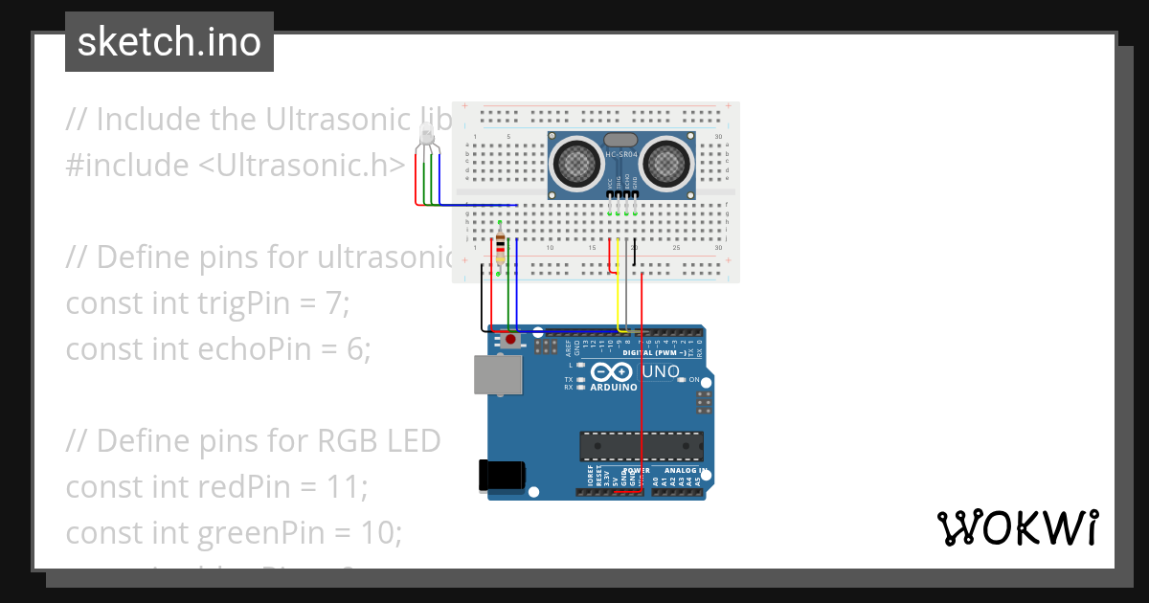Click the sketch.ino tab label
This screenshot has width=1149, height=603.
point(169,42)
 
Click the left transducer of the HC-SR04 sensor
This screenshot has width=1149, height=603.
point(577,163)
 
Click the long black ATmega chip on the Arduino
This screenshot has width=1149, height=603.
point(641,446)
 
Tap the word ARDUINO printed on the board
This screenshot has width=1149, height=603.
point(613,388)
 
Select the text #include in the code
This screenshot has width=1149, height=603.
point(126,166)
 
